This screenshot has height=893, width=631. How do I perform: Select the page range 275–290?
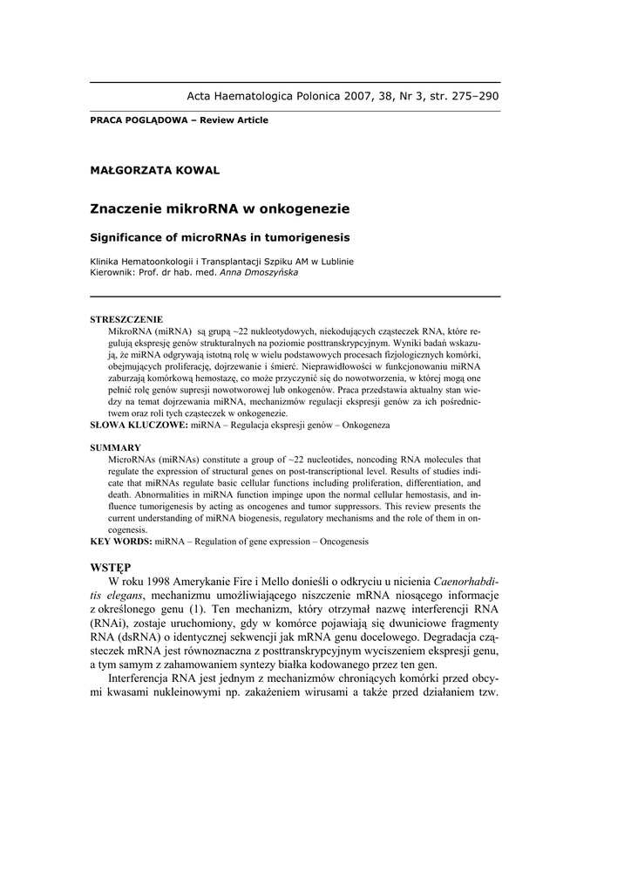point(471,96)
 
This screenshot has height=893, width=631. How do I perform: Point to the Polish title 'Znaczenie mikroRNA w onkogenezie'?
point(220,208)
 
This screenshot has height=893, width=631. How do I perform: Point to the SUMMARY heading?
point(116,447)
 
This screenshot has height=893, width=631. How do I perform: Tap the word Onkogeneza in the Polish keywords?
point(366,425)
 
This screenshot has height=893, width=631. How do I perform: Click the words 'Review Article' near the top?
point(234,120)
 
